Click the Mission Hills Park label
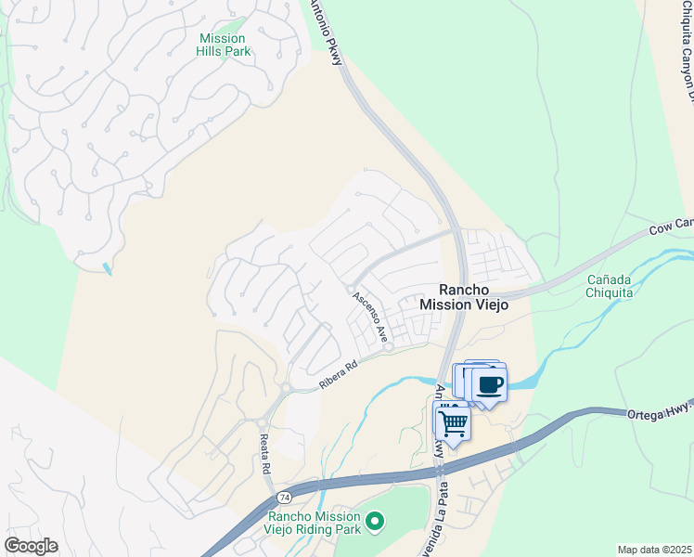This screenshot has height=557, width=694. pyautogui.click(x=223, y=45)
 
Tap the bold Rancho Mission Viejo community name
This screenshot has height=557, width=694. pyautogui.click(x=464, y=296)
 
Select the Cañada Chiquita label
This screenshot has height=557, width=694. pyautogui.click(x=610, y=286)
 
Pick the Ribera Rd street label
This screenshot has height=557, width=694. pyautogui.click(x=339, y=375)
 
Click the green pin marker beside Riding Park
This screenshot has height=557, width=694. pyautogui.click(x=375, y=524)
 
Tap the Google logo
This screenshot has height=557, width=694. pyautogui.click(x=31, y=545)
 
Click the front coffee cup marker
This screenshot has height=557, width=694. pyautogui.click(x=490, y=383)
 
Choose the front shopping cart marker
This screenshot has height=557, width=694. pyautogui.click(x=453, y=422)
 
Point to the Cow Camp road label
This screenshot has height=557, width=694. pyautogui.click(x=670, y=227)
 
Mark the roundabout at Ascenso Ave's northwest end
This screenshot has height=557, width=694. pyautogui.click(x=349, y=291)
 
